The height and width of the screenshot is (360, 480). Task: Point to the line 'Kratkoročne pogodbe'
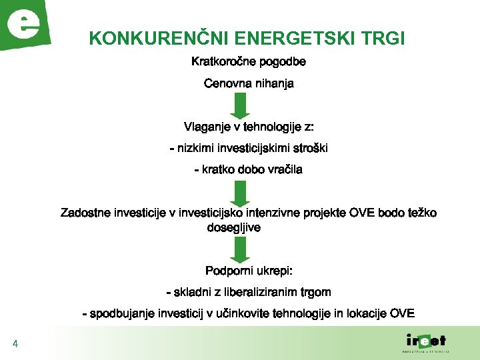click(x=249, y=62)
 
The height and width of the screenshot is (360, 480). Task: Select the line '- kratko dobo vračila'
click(x=249, y=169)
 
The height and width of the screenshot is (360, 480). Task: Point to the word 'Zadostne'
click(x=85, y=213)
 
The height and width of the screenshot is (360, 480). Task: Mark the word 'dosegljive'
click(x=234, y=227)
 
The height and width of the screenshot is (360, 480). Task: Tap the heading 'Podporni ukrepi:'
click(x=249, y=271)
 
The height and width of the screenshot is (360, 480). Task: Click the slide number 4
click(x=15, y=345)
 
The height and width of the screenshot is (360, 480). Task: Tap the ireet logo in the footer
click(x=426, y=342)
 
